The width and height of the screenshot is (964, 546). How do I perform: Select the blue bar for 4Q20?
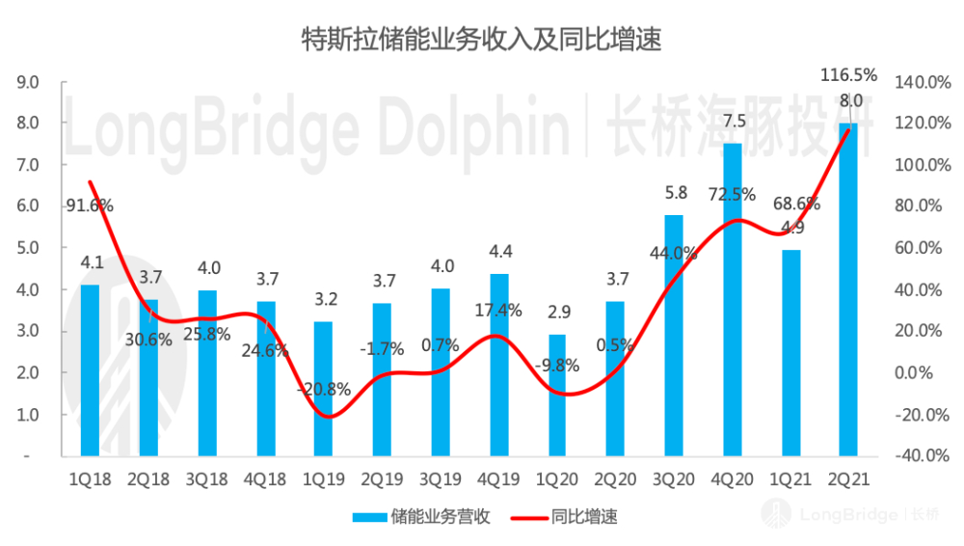(732, 299)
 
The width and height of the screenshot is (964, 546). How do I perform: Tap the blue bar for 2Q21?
(848, 289)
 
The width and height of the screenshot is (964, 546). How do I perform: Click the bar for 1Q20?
(557, 395)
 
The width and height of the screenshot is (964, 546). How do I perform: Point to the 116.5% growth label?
(848, 74)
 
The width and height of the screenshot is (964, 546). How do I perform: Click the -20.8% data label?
(324, 391)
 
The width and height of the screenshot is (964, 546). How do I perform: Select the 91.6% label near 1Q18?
(90, 205)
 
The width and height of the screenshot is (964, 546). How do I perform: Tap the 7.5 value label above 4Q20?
(734, 122)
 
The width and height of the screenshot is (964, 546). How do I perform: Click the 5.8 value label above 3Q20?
(675, 193)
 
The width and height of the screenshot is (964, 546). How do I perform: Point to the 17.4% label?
(498, 311)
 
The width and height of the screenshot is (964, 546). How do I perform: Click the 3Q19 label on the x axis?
(441, 478)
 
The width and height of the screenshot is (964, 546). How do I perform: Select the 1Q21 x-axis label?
(791, 478)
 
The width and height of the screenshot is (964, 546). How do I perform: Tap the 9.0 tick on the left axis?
(28, 82)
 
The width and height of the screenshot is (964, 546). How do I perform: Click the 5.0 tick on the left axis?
(28, 248)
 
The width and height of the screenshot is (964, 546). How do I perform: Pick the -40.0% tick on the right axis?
(919, 455)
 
